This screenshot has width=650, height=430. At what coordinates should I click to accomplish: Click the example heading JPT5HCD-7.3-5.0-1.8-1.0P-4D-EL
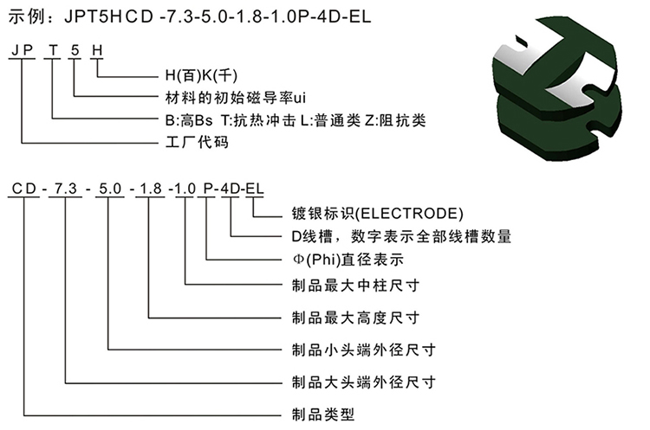coord(218,16)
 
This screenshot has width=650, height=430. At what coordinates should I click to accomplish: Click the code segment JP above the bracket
coord(23,50)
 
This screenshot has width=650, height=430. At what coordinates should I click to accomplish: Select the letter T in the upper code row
coord(53,50)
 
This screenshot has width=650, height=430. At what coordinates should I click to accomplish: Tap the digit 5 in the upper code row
coord(75,50)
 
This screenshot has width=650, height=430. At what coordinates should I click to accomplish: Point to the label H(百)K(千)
coord(201,75)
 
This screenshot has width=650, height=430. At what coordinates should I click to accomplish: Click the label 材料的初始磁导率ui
coord(236,98)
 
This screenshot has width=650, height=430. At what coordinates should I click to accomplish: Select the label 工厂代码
coord(197,142)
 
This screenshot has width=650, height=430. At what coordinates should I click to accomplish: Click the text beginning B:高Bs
coord(296,120)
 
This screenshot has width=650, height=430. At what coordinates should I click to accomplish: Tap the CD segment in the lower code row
coord(24,189)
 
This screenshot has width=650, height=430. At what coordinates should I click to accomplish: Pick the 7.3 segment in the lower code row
coord(66,189)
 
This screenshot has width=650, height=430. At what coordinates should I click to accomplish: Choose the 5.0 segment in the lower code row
coord(110,189)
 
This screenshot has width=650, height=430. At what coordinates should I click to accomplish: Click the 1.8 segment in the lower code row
coord(151,189)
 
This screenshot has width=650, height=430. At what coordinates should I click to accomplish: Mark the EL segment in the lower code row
coord(255,189)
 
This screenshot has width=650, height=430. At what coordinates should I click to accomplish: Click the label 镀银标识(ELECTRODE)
coord(378,213)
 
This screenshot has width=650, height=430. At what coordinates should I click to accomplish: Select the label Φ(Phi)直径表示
coord(348,260)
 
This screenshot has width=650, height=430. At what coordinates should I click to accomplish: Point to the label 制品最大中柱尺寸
coord(355,286)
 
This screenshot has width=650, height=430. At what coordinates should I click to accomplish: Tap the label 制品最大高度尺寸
coord(355,318)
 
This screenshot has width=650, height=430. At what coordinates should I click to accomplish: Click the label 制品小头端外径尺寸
coord(364,350)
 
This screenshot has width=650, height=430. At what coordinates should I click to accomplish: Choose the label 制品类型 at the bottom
coord(323,414)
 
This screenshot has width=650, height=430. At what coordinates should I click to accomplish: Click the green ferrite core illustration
coord(557,89)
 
